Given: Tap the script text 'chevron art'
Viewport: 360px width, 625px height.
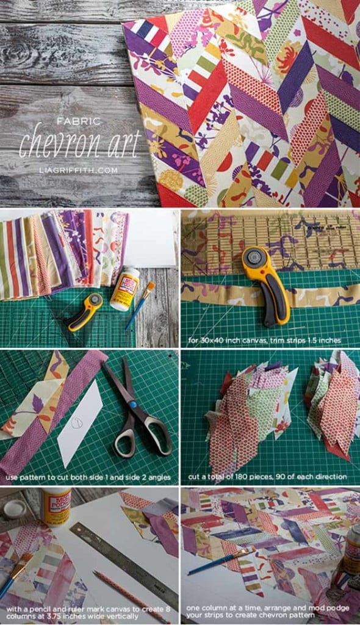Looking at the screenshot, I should (x=80, y=140).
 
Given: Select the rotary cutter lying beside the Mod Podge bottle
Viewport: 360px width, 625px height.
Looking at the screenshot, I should (x=85, y=311).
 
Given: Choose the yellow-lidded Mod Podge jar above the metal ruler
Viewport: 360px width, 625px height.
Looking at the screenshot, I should (x=56, y=507).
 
